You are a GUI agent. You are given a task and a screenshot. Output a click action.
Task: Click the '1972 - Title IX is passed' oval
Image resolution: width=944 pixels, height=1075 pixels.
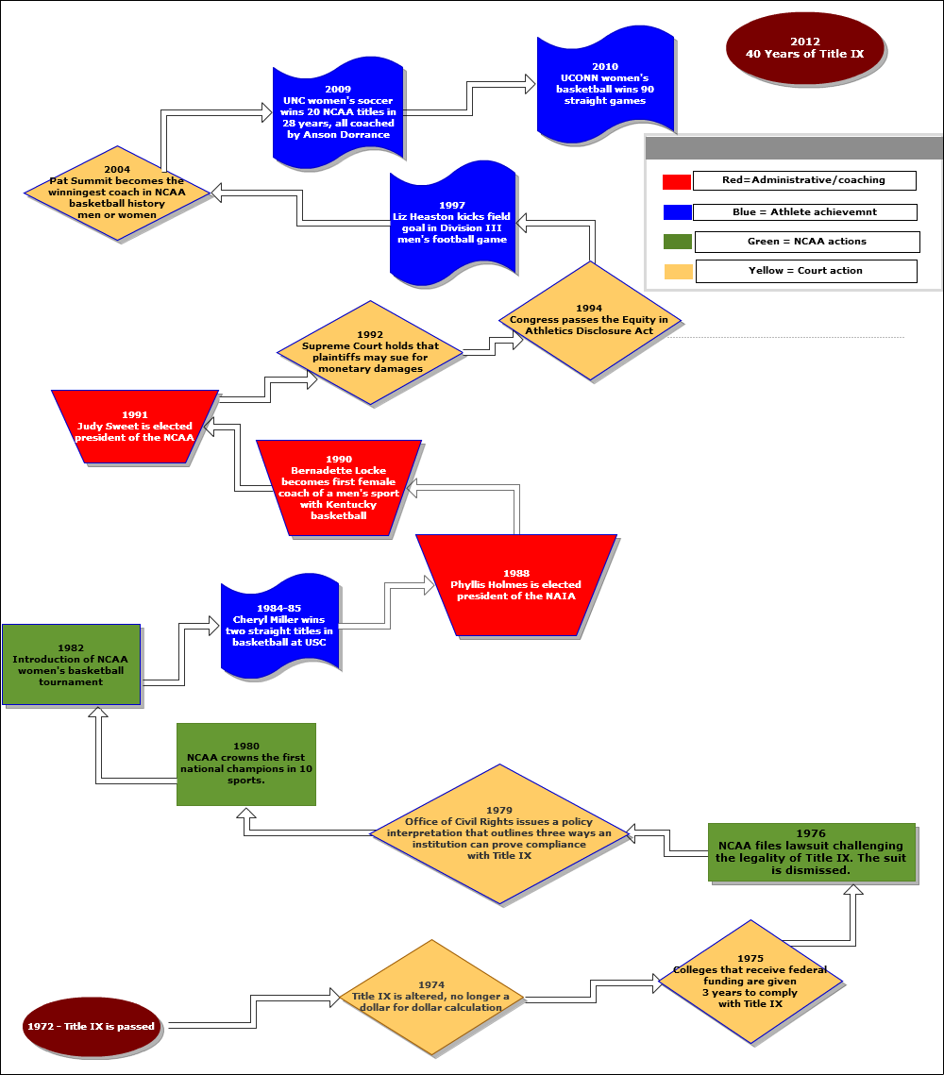click(x=91, y=1026)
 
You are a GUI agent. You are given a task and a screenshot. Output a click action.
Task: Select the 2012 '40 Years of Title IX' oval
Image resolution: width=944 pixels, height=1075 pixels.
click(x=804, y=49)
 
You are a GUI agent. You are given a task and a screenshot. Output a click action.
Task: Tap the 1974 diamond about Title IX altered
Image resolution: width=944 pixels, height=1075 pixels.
click(x=430, y=998)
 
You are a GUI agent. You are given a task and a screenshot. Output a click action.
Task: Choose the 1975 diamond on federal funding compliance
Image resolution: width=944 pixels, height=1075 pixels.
click(x=750, y=982)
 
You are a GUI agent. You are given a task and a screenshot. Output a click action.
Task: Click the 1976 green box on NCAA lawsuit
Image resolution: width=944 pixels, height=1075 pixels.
click(x=811, y=852)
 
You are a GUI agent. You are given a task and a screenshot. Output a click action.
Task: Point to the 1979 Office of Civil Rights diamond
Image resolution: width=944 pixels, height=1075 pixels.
click(x=498, y=833)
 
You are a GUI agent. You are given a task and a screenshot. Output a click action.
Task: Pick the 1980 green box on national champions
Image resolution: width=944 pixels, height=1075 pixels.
click(x=245, y=764)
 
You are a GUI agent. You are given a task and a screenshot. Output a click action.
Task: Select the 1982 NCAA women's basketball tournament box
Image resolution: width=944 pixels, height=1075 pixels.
click(x=71, y=664)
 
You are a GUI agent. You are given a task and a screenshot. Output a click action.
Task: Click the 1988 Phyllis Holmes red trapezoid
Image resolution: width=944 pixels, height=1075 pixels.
click(x=515, y=585)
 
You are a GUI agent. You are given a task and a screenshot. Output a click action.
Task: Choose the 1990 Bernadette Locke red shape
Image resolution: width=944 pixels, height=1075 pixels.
click(x=338, y=489)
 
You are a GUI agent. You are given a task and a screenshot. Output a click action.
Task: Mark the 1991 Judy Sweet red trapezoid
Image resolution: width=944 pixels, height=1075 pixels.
click(x=135, y=427)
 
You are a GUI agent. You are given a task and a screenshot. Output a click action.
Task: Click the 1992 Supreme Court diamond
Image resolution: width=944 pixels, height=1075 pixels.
click(x=370, y=353)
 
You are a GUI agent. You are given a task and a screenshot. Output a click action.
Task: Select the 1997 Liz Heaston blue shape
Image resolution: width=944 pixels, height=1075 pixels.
click(x=452, y=224)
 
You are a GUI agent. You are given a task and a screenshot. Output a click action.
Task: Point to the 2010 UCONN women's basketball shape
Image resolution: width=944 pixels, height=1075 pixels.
click(x=605, y=85)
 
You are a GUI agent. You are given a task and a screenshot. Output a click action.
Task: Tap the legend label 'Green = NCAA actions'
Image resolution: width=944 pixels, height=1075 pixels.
click(x=806, y=242)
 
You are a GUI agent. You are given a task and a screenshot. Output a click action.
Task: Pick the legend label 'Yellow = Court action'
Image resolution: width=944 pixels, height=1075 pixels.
click(x=805, y=271)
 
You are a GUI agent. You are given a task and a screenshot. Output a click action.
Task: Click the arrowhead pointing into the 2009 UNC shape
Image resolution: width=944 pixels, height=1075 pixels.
click(x=263, y=111)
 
